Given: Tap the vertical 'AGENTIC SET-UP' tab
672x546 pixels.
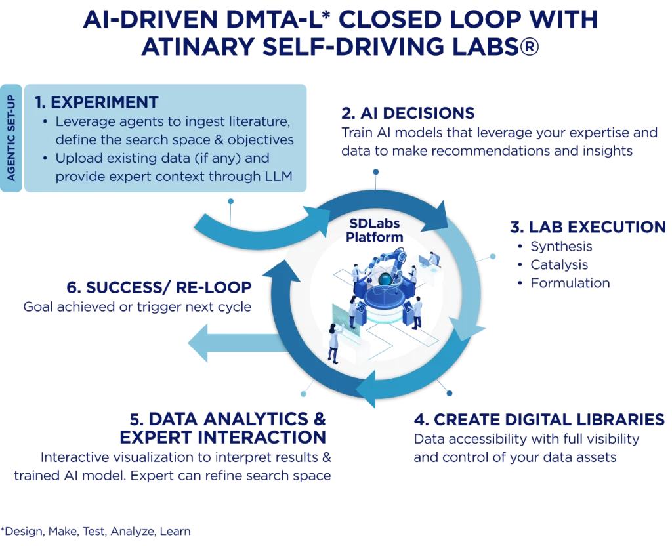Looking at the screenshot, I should pos(12,137).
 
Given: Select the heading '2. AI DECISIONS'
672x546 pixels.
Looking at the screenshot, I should pos(408,112).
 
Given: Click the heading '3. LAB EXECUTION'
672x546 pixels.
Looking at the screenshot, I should pos(588,227).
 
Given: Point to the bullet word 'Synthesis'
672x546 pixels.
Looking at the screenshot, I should pos(561,247).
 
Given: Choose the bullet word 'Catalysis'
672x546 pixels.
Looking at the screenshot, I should pos(559,265).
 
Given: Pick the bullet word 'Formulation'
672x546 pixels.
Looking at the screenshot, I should pos(570,283).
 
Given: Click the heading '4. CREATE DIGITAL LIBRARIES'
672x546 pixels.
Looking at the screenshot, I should pos(539,420).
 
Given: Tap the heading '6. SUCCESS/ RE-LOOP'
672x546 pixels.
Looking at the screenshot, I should pos(159,287).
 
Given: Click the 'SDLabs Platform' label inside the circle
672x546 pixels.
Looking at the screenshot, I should pos(375,230).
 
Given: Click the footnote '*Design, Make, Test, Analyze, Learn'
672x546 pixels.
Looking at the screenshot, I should pos(96,530).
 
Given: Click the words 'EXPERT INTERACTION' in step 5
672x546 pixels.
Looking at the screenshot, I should pos(222,437).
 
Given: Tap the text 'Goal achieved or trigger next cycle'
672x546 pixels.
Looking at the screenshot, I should pos(137,306).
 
